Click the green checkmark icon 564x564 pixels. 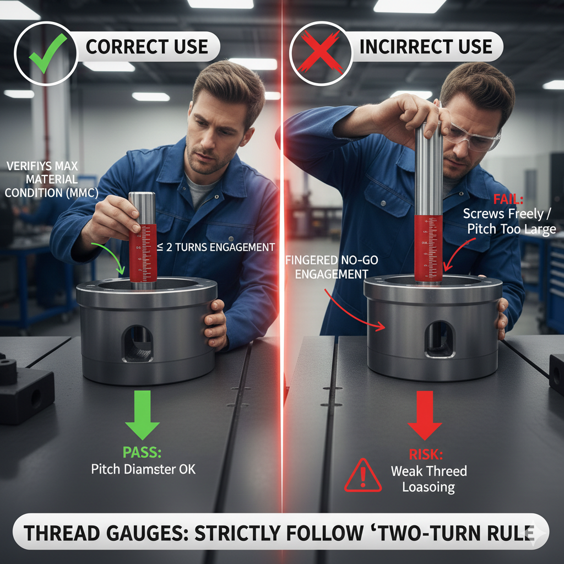47,53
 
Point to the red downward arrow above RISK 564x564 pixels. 425,415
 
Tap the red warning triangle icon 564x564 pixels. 362,475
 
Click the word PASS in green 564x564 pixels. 142,453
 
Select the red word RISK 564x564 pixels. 426,454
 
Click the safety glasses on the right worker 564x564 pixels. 473,137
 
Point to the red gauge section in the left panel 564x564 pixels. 143,253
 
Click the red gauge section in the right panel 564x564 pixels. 428,248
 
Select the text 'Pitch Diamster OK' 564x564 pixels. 143,469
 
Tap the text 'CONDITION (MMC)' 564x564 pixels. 51,193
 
